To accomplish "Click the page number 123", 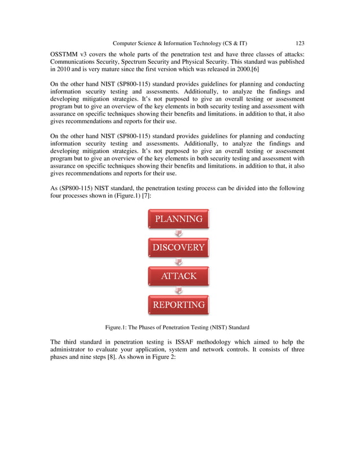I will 300,43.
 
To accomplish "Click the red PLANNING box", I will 179,219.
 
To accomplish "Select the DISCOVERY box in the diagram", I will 179,248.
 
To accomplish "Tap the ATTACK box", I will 179,276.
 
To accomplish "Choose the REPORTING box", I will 179,305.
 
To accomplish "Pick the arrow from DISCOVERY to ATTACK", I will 179,262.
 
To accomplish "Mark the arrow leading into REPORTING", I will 179,291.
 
